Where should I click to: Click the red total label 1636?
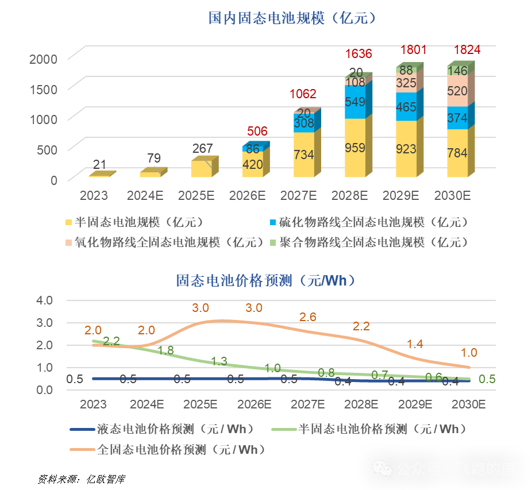tap(358, 55)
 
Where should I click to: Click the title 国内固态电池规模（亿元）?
tap(292, 18)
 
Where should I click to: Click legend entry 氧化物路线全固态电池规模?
tap(165, 242)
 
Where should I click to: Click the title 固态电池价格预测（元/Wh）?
tap(265, 280)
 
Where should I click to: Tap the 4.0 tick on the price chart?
tap(45, 300)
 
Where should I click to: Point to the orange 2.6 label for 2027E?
tap(308, 317)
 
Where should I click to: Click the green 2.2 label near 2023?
tap(111, 341)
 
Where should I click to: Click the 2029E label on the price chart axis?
tap(415, 404)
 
